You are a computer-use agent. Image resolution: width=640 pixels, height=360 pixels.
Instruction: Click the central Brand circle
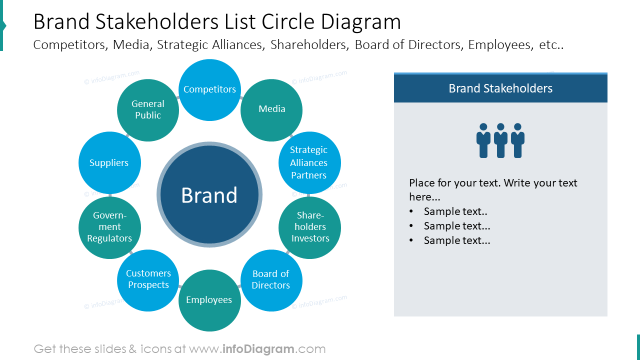209,195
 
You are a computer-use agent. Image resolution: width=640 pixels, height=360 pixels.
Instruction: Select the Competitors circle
209,90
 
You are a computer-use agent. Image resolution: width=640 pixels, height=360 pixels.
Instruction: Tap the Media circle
271,109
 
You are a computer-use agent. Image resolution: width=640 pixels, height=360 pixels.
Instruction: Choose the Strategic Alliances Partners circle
309,162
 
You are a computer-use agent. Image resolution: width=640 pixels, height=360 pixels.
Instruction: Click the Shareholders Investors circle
309,227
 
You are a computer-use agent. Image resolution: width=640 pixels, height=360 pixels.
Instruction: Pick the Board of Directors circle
271,280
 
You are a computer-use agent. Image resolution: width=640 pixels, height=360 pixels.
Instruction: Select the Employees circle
209,300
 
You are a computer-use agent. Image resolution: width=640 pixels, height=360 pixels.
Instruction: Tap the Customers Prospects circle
148,279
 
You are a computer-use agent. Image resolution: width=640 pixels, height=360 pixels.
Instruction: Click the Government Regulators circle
109,227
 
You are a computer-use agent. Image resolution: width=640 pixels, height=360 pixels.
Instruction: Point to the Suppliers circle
109,163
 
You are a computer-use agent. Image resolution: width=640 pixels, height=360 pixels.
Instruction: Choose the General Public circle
148,110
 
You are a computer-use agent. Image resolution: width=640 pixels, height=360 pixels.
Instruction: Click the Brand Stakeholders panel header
500,88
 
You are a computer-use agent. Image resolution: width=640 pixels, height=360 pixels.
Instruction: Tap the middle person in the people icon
500,140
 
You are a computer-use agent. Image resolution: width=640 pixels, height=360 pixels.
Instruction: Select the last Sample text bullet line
456,240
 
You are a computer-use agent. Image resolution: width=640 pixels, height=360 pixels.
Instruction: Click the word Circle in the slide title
285,22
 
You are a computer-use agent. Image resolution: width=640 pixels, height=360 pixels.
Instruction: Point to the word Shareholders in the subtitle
308,45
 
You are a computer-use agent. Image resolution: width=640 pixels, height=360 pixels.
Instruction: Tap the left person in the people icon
483,140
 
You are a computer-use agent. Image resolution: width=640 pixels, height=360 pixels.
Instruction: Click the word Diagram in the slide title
361,22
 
